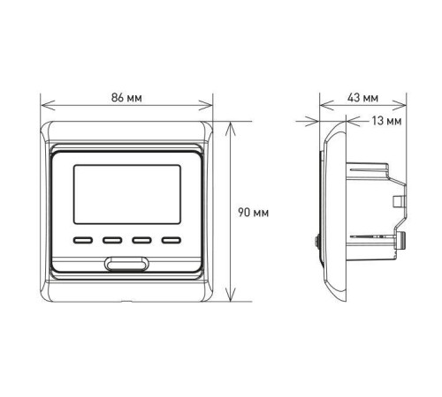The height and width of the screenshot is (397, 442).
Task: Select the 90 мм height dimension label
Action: point(253,212)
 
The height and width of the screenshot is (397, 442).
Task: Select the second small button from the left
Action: point(111,238)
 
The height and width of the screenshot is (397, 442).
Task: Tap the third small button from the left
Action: point(140,238)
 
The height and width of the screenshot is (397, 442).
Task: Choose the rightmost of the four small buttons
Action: point(168,238)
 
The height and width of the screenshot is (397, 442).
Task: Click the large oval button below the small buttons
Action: point(126,262)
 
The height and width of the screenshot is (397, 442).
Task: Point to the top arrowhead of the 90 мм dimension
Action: point(232,124)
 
